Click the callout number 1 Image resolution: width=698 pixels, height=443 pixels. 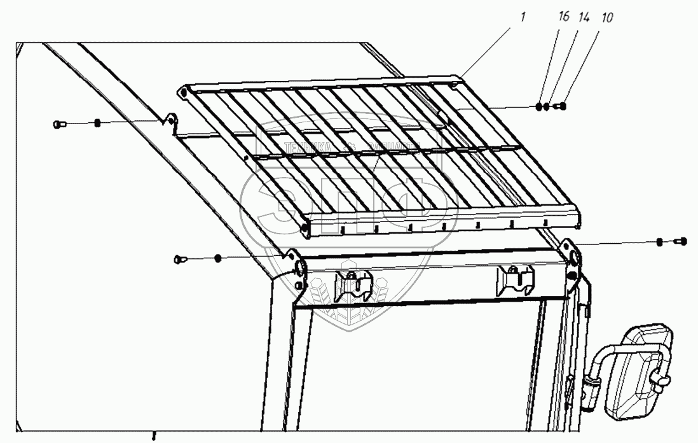tap(523, 17)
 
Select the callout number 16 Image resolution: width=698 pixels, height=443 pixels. tap(563, 17)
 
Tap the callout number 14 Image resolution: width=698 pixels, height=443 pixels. tap(582, 17)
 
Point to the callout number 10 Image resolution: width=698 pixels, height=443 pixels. tap(608, 17)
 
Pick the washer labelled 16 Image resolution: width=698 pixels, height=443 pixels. tap(540, 106)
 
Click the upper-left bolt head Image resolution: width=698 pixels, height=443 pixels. tap(58, 123)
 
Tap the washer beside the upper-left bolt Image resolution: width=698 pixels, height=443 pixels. tap(97, 123)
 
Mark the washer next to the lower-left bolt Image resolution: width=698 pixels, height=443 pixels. tap(217, 258)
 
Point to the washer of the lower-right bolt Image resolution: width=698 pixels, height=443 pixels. tap(660, 242)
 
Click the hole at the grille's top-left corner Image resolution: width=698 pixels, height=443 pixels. tap(183, 92)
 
